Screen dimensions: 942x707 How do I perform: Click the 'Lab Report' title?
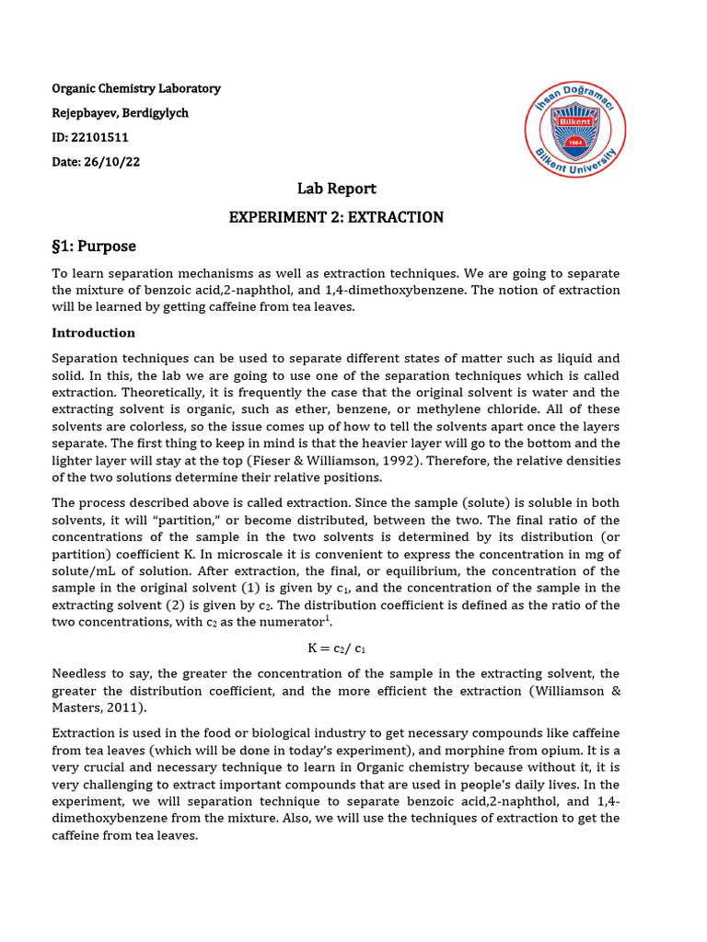pos(336,189)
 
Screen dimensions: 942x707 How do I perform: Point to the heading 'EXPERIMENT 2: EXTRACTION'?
pos(336,218)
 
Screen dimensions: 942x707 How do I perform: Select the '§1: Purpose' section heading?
pos(94,247)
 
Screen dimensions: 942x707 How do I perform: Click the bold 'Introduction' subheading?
pos(93,333)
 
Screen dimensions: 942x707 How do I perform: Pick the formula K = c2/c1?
pos(336,648)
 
